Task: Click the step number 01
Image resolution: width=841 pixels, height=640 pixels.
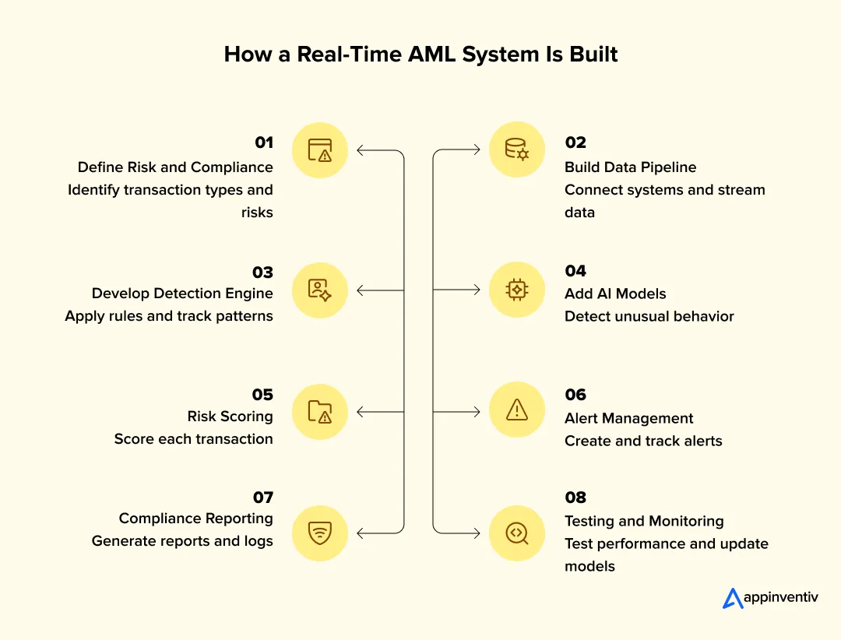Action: (x=263, y=142)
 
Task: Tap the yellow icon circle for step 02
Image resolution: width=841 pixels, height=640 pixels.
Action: (x=517, y=149)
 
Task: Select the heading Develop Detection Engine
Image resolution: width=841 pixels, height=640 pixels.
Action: (x=182, y=294)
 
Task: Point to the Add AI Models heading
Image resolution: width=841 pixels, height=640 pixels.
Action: (x=615, y=294)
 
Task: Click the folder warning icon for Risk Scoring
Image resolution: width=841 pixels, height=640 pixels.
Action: (x=319, y=411)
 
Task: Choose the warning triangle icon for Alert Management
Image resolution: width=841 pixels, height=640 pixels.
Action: (x=517, y=411)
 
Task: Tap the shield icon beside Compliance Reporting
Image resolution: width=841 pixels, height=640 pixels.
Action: (x=319, y=533)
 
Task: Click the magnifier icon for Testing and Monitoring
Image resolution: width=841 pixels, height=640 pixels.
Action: (x=517, y=533)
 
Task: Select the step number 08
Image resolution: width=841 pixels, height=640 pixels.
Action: (x=575, y=498)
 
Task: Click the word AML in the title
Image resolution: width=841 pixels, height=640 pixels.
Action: (x=404, y=55)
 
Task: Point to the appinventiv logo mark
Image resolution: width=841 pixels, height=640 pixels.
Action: (x=733, y=598)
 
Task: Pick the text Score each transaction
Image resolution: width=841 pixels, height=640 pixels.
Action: (x=193, y=439)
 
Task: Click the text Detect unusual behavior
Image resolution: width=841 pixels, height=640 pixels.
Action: (x=649, y=316)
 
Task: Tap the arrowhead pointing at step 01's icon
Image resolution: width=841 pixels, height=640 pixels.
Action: (x=360, y=150)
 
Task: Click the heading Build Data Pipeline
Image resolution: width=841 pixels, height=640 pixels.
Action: (x=630, y=167)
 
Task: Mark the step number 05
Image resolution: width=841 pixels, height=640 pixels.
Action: (x=263, y=394)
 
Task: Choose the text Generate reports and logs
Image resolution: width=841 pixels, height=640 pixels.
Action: (x=182, y=541)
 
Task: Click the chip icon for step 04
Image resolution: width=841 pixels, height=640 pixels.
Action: (x=517, y=290)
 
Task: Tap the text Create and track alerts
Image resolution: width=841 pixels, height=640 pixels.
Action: (x=643, y=441)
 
